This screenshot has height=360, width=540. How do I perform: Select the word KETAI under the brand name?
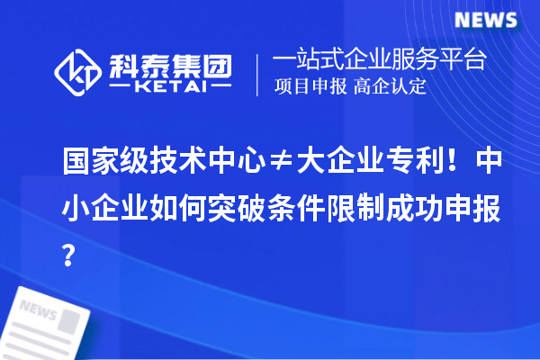170,88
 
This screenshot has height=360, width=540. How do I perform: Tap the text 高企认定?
390,88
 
